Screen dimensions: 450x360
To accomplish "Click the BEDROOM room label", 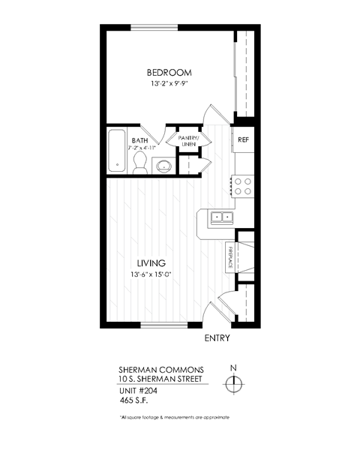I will (169, 73).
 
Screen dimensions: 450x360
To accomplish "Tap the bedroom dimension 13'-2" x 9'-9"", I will (169, 85).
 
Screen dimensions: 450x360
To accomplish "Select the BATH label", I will (139, 140).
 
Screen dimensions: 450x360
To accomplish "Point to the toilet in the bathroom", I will (140, 166).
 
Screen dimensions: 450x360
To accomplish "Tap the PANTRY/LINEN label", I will (187, 140).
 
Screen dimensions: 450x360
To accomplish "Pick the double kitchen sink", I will (222, 218).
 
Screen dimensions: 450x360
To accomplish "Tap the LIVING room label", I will (151, 262).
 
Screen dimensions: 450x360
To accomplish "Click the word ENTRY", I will (217, 338).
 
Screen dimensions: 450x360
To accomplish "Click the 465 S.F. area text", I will (136, 401).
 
